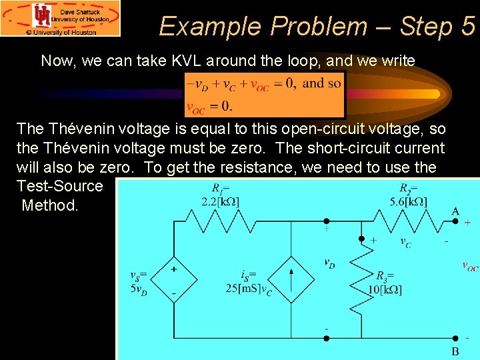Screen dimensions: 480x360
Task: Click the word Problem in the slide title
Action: pos(318,26)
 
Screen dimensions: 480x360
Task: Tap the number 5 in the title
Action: pos(467,26)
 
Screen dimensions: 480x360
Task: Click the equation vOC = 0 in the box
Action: pos(209,106)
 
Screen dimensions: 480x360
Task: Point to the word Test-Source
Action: pos(60,186)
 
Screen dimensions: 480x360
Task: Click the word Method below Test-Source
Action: pos(50,205)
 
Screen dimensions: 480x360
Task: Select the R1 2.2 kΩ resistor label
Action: pos(221,195)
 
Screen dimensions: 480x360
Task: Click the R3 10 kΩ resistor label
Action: pos(386,282)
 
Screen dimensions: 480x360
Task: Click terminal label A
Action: pos(455,211)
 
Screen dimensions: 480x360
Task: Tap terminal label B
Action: pos(455,351)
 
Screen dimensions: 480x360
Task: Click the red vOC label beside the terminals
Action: pos(470,267)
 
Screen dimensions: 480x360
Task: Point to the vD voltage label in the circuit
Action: pos(329,263)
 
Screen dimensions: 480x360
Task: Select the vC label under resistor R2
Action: pos(405,243)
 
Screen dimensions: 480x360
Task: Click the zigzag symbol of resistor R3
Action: pos(361,274)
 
